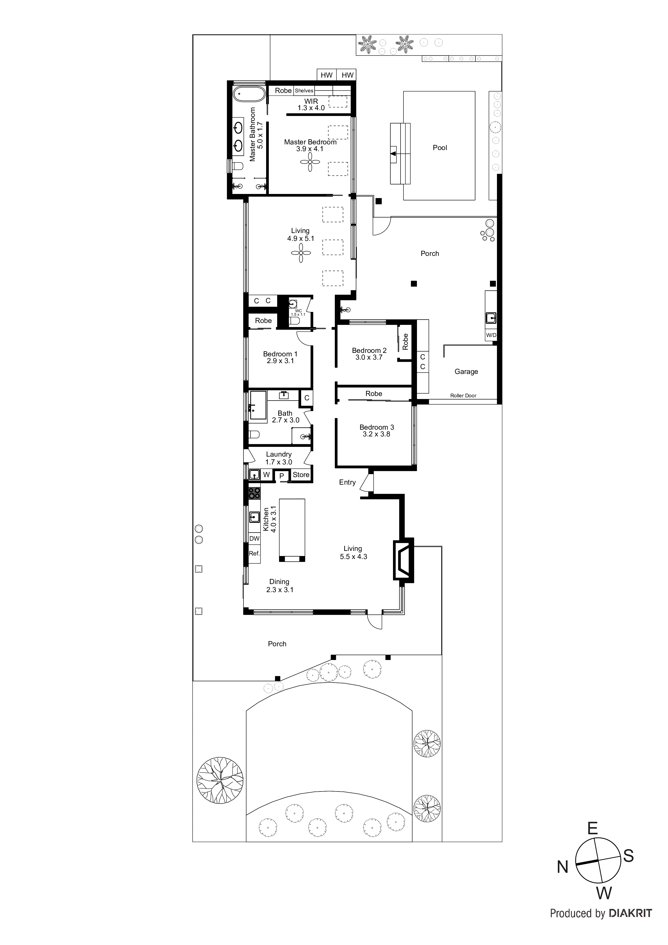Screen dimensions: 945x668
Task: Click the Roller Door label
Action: [463, 395]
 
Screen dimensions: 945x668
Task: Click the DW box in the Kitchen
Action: [254, 538]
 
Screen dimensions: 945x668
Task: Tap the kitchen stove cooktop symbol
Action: [254, 493]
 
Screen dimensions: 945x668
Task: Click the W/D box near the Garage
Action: [491, 335]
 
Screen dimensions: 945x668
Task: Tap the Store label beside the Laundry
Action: [301, 475]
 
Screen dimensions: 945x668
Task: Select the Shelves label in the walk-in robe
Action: [304, 91]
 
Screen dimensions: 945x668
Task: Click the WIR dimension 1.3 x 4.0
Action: [311, 108]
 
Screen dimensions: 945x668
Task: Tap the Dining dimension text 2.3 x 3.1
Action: [280, 590]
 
